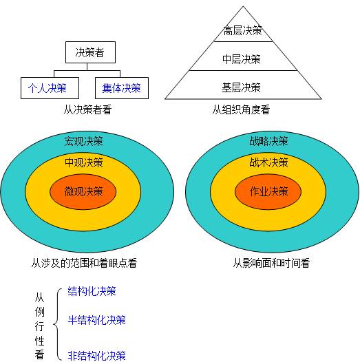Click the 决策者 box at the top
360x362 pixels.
coord(90,52)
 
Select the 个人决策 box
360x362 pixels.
coord(50,88)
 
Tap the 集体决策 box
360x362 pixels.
coord(122,88)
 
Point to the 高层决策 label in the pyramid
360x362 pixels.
coord(242,31)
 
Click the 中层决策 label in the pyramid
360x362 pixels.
coord(242,59)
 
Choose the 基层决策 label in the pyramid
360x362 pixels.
coord(241,87)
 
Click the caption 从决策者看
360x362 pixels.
coord(87,109)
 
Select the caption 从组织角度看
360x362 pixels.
coord(241,109)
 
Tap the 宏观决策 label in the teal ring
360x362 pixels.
coord(83,141)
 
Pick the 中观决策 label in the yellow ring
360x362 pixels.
coord(83,162)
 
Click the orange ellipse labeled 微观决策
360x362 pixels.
coord(83,192)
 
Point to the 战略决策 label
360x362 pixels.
coord(268,141)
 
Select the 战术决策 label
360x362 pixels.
coord(268,162)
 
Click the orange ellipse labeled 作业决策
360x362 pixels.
coord(268,192)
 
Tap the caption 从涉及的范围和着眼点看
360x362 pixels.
coord(84,263)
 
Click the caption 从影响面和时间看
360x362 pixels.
coord(271,263)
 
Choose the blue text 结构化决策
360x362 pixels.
coord(92,291)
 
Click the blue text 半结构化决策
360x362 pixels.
coord(96,320)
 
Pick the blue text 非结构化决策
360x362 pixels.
coord(96,356)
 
